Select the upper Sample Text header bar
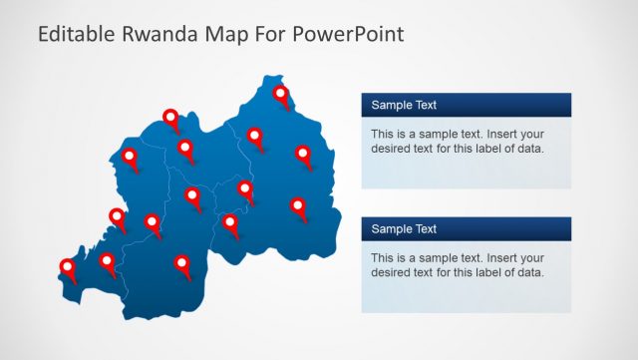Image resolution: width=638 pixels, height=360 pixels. coord(466,105)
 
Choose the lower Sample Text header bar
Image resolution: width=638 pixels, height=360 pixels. coord(466,229)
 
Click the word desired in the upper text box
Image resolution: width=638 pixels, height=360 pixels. coord(390,149)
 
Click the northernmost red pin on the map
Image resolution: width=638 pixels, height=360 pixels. coord(281,95)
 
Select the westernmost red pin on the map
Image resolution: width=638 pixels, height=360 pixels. coord(68,266)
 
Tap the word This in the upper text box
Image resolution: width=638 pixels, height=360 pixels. coord(383,134)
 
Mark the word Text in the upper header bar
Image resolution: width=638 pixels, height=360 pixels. coord(423,105)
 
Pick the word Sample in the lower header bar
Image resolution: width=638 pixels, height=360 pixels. coord(389,229)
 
